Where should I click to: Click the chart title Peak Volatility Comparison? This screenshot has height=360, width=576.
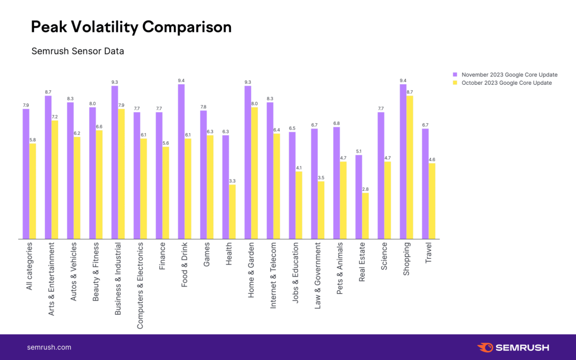point(131,27)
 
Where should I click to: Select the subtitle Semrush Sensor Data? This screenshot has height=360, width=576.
point(77,51)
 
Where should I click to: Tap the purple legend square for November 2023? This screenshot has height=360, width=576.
point(455,75)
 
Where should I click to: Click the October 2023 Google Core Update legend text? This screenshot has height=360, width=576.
point(507,83)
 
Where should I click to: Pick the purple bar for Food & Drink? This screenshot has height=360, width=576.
point(181,162)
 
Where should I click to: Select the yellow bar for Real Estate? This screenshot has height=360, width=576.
point(365,216)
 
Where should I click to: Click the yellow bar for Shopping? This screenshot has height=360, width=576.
point(410,167)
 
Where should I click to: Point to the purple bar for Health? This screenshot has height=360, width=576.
point(226,187)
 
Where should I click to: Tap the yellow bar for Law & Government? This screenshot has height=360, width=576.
point(321,210)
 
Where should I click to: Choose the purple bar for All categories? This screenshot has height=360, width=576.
point(26,174)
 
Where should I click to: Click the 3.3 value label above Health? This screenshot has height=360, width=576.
point(232,181)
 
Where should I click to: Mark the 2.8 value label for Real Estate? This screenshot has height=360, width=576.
point(365,189)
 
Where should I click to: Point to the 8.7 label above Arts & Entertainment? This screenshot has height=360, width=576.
point(48,92)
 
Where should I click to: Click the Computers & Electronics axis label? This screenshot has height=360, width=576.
point(140,285)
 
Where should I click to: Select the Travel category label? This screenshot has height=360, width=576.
point(428,253)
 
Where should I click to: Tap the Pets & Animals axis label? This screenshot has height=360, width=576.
point(339,268)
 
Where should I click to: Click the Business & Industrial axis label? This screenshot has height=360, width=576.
point(117,279)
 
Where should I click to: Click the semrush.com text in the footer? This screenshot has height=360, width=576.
point(49,348)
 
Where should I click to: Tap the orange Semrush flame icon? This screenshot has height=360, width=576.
point(485,347)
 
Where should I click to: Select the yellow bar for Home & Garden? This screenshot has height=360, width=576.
point(254,173)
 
